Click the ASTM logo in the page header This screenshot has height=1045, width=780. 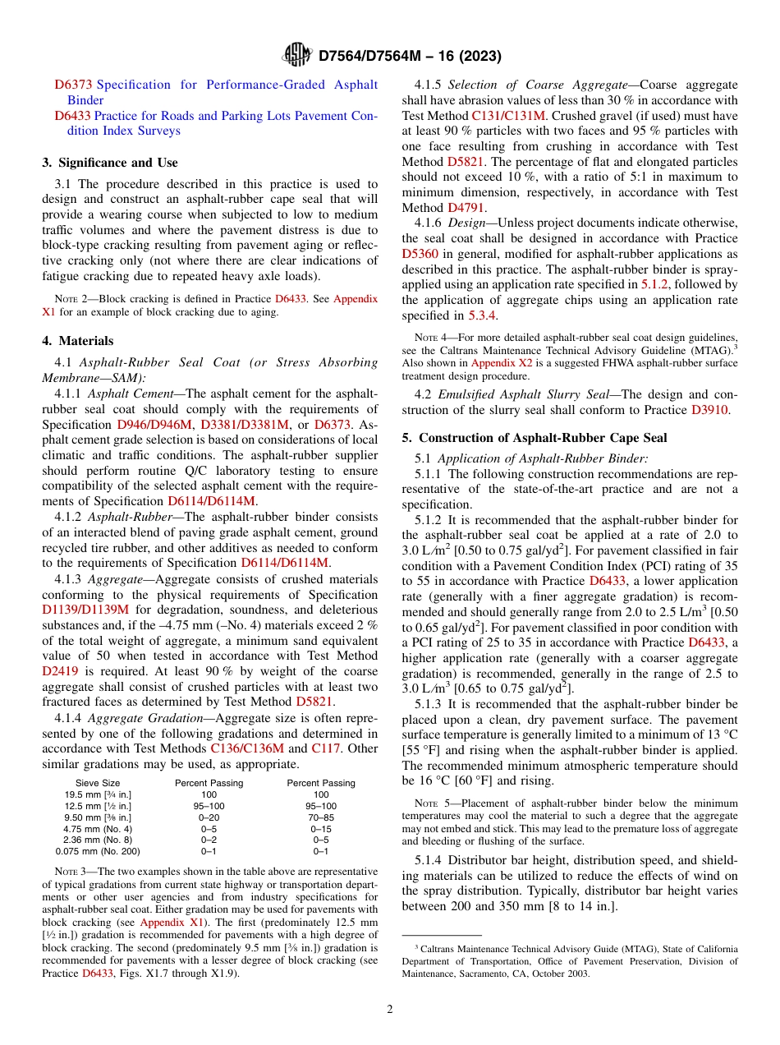tap(297, 55)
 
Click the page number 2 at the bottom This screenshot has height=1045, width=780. tap(390, 1008)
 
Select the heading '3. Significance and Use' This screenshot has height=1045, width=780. tap(110, 163)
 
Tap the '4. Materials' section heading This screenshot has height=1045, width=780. tap(78, 341)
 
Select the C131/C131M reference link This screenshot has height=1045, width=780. tap(508, 116)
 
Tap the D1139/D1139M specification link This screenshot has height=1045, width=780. tap(85, 610)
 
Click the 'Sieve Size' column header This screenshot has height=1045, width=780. tap(98, 783)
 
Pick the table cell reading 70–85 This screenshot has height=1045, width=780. tap(321, 817)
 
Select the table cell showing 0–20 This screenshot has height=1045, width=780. tap(209, 817)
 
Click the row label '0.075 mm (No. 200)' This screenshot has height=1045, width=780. tap(98, 852)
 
